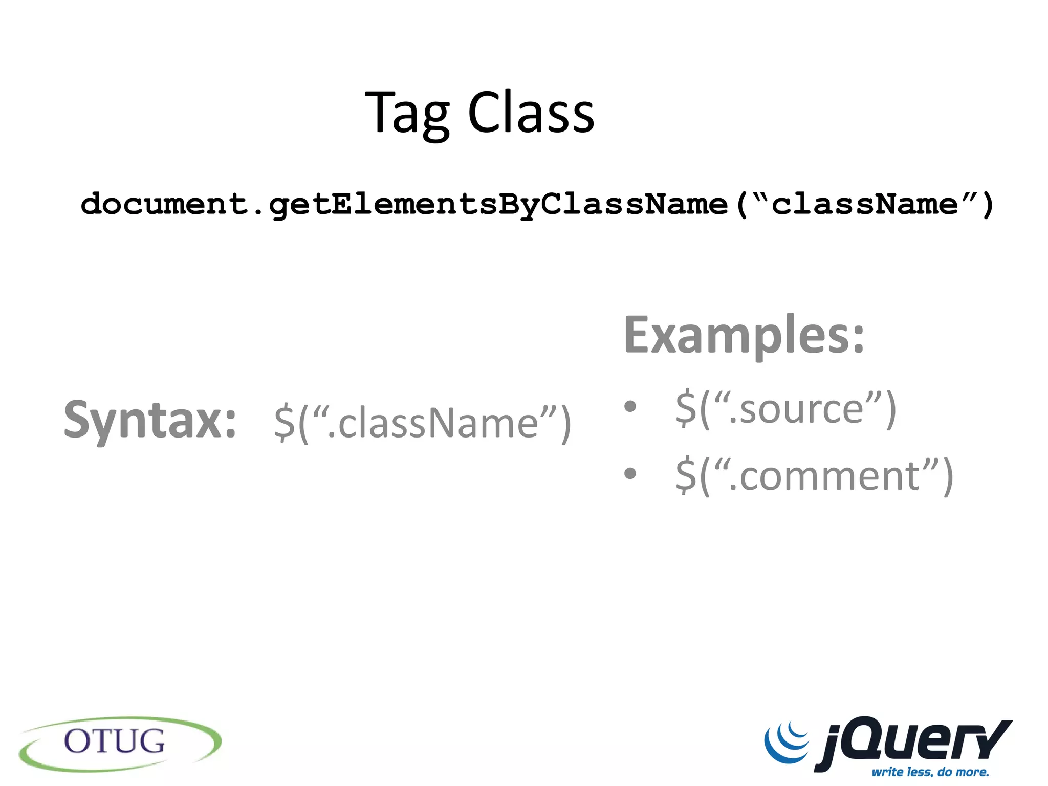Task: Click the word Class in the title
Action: (x=531, y=113)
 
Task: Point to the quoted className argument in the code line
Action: (x=864, y=204)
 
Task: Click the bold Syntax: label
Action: (x=150, y=421)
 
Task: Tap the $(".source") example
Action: (x=785, y=409)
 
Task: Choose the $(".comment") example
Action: (x=814, y=476)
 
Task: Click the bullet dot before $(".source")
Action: (x=630, y=407)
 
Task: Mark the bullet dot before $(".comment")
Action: (x=630, y=473)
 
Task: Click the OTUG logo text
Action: (x=115, y=741)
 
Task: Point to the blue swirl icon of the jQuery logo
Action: (x=787, y=741)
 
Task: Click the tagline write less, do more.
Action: (x=930, y=772)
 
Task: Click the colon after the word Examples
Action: (x=858, y=339)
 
